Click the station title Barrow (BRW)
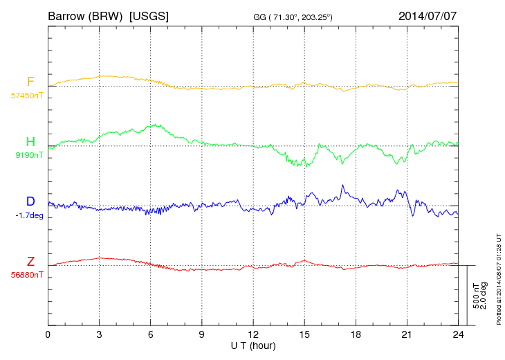[86, 15]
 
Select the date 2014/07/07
[428, 15]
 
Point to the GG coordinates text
[293, 17]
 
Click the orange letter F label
[30, 82]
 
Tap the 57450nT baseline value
[26, 96]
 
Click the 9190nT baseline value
[28, 155]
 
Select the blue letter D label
[30, 201]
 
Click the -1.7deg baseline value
[28, 215]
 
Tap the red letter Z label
[30, 261]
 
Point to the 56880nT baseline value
[26, 274]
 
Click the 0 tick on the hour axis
[48, 334]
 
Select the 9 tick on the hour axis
[201, 334]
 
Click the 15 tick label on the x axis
[304, 334]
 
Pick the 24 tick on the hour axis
[457, 334]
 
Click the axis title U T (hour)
[252, 345]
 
